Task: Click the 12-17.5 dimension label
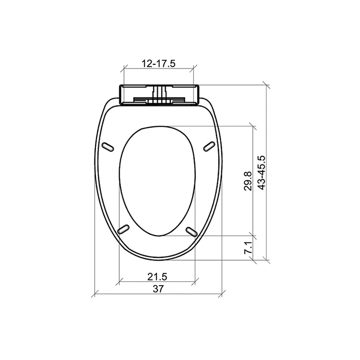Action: tap(158, 63)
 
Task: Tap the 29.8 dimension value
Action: tap(248, 181)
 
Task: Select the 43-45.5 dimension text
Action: tap(261, 173)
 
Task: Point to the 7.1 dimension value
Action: tap(248, 248)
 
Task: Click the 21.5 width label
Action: tap(157, 276)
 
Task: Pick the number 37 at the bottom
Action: tap(158, 289)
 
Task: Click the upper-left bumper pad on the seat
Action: tap(108, 147)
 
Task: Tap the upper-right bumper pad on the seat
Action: tap(209, 146)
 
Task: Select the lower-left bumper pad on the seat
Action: tap(123, 229)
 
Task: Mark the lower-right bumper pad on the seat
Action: tap(192, 231)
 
